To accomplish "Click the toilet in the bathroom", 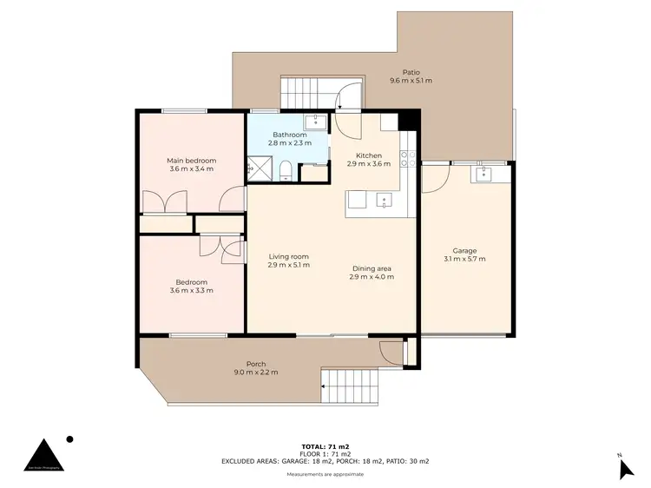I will click(x=285, y=169).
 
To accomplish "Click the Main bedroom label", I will click(x=191, y=161).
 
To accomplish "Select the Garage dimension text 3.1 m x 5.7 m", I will click(x=464, y=259).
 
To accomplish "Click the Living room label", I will click(x=288, y=256).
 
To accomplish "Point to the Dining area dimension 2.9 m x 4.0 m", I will click(x=372, y=277).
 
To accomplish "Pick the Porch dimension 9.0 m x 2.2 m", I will click(x=255, y=373).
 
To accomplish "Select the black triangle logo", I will click(x=43, y=456).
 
